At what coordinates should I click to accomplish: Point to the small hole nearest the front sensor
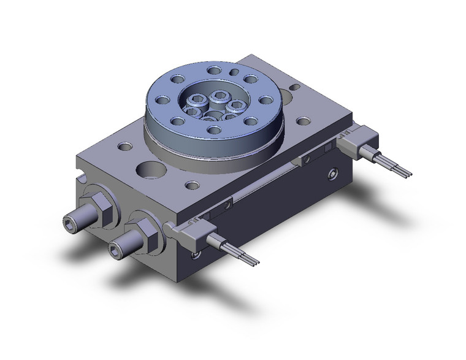coord(193,184)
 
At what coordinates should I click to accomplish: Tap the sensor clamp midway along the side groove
coord(304,159)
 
